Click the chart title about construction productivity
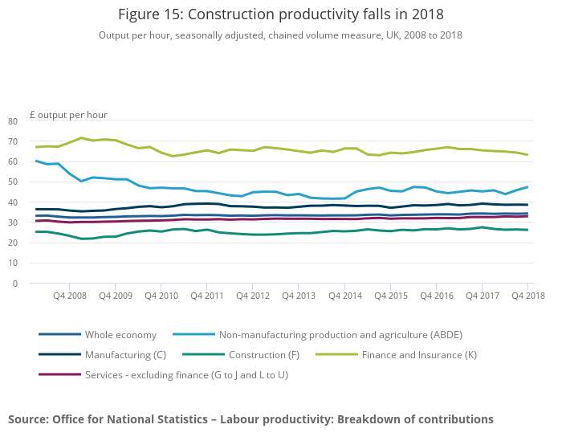[280, 14]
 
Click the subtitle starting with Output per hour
[280, 35]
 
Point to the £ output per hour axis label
[68, 115]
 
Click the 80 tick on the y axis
[12, 121]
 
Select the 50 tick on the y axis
[12, 182]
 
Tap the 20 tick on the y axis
[12, 243]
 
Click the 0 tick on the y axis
[14, 284]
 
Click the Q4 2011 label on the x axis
[207, 296]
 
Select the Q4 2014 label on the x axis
[344, 296]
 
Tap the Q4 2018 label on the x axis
[527, 296]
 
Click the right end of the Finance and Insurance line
[527, 155]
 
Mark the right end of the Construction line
[527, 230]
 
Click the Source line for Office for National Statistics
[250, 419]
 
